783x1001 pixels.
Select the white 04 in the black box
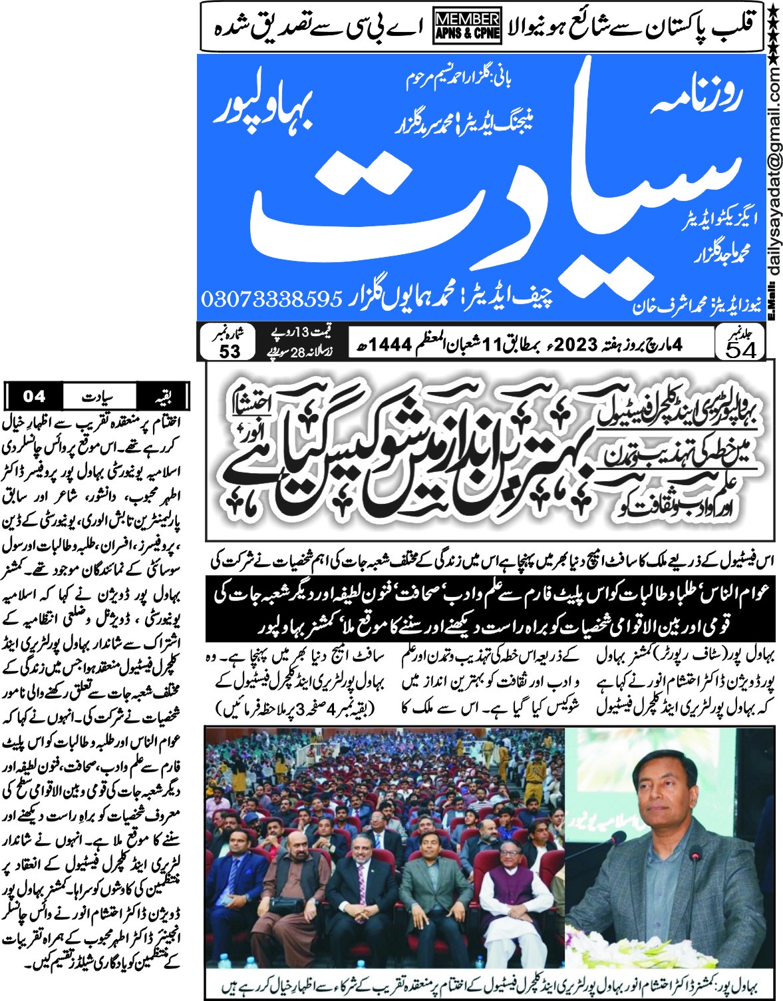click(x=34, y=397)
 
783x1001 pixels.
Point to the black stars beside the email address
click(x=774, y=33)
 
